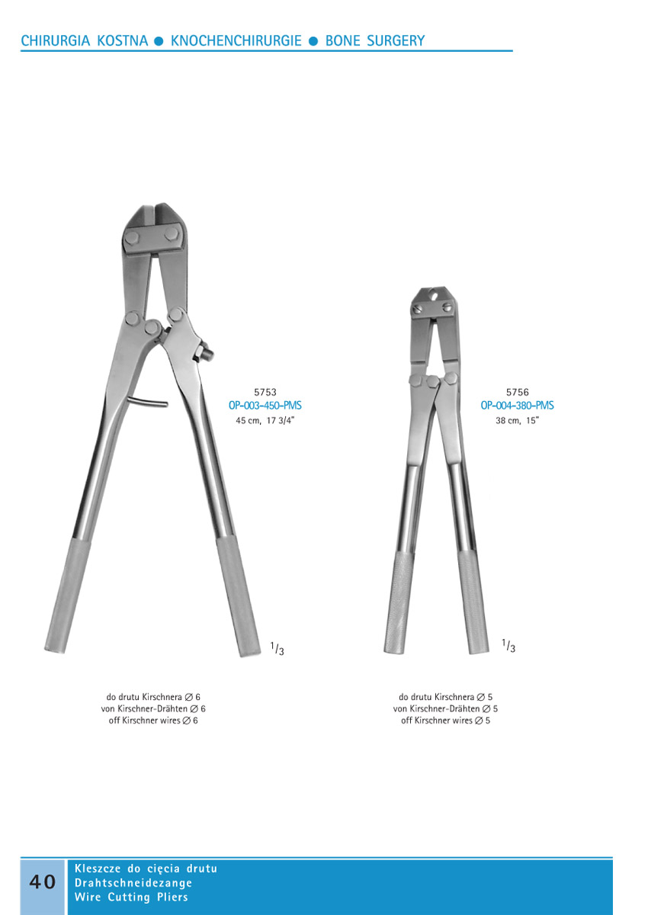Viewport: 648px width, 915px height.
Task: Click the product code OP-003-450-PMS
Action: click(x=265, y=406)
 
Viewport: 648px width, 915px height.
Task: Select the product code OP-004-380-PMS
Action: click(x=517, y=406)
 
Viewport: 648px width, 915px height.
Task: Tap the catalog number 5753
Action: click(x=265, y=392)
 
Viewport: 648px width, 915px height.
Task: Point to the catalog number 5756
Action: click(x=518, y=392)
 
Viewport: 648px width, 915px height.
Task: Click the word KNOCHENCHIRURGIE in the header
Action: click(x=236, y=41)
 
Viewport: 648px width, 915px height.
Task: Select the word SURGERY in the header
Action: click(x=396, y=41)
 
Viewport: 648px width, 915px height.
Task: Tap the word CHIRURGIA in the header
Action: click(x=56, y=41)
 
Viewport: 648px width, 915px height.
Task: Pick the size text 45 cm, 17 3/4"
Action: click(x=265, y=420)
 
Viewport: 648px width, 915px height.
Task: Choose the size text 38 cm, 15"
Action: click(x=518, y=420)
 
